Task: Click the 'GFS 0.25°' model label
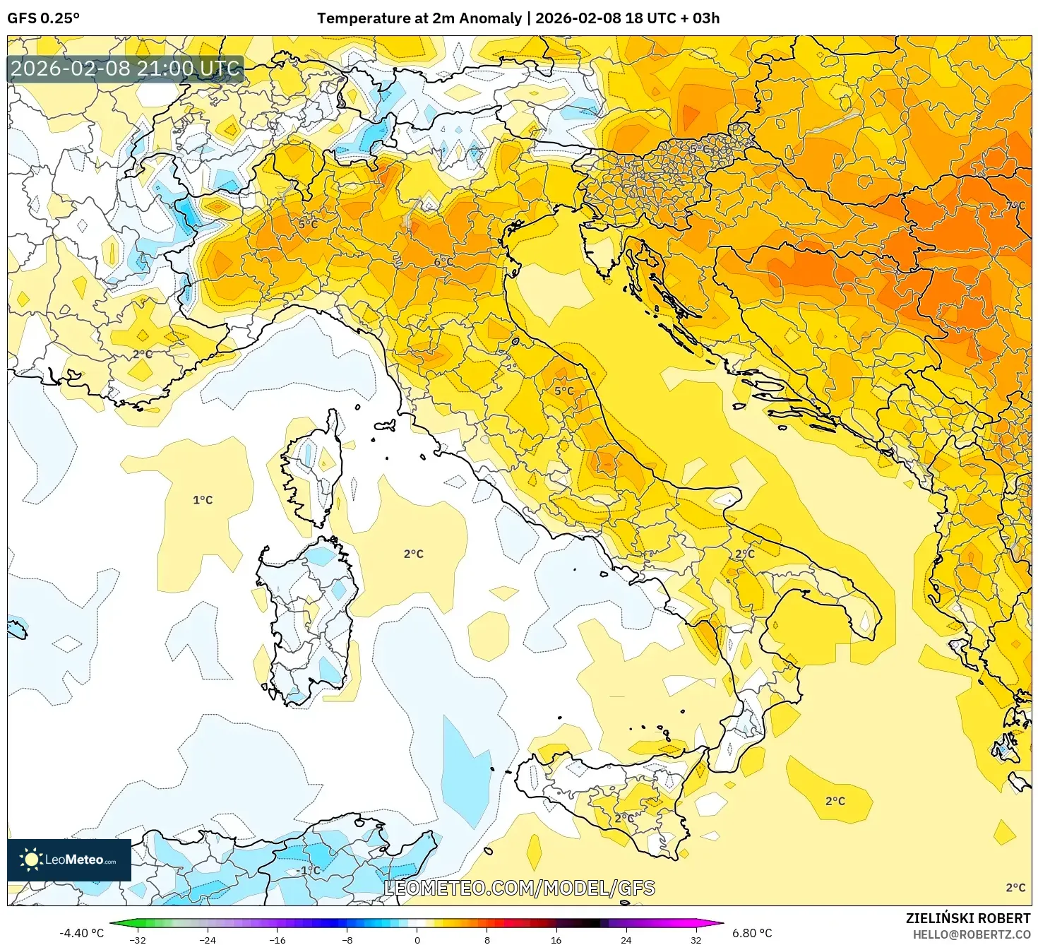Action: coord(43,18)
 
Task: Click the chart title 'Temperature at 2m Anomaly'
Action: coord(419,18)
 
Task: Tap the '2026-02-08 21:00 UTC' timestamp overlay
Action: coord(125,69)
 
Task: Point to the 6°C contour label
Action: coord(443,262)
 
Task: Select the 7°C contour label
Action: coord(1015,206)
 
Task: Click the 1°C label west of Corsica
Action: coord(203,500)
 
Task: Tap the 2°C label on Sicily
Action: coord(624,818)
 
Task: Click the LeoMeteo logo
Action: coord(69,860)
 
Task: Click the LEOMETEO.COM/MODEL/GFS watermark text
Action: coord(519,888)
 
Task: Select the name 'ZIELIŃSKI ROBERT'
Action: coord(968,918)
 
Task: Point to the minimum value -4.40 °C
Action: coord(81,933)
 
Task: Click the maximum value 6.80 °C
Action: coord(751,933)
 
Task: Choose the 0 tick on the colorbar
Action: coord(417,940)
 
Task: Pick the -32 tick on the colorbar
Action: coord(138,940)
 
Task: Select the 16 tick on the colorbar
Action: coord(556,940)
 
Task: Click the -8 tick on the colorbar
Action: coord(347,940)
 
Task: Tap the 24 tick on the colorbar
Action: coord(626,940)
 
